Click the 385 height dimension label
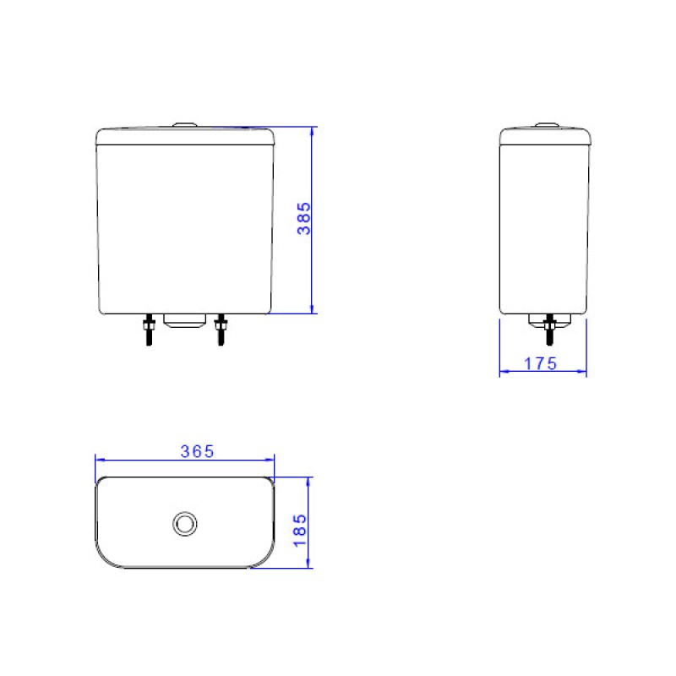coord(304,218)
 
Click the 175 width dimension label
coord(541,364)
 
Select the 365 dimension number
coord(198,451)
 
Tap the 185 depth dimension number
coord(300,531)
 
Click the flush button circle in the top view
coord(185,524)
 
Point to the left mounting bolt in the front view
coord(149,330)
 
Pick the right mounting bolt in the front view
coord(221,330)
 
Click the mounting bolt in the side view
coord(550,330)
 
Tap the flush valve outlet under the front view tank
coord(185,321)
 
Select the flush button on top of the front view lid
coord(185,125)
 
